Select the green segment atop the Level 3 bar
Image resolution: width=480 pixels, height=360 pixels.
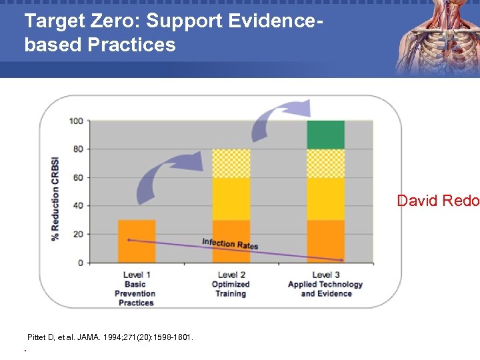click(325, 135)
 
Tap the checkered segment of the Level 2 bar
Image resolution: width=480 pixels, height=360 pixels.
click(231, 163)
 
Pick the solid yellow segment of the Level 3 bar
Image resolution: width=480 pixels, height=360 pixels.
click(325, 199)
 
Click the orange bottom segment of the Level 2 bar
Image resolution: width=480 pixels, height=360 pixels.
click(231, 241)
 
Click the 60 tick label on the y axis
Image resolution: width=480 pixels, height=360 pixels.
click(77, 177)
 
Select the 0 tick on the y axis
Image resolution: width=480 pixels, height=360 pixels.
click(79, 263)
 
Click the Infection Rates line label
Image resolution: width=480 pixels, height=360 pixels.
click(230, 244)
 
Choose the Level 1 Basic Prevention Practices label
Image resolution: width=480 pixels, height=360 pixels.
click(135, 289)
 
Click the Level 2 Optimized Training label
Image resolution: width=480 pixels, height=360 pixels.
click(230, 284)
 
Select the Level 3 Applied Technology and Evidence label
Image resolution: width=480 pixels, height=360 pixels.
click(325, 284)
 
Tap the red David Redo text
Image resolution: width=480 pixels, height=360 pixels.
click(438, 201)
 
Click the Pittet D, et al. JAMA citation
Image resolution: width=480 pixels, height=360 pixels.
click(110, 338)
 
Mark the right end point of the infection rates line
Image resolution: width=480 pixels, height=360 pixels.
click(343, 259)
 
